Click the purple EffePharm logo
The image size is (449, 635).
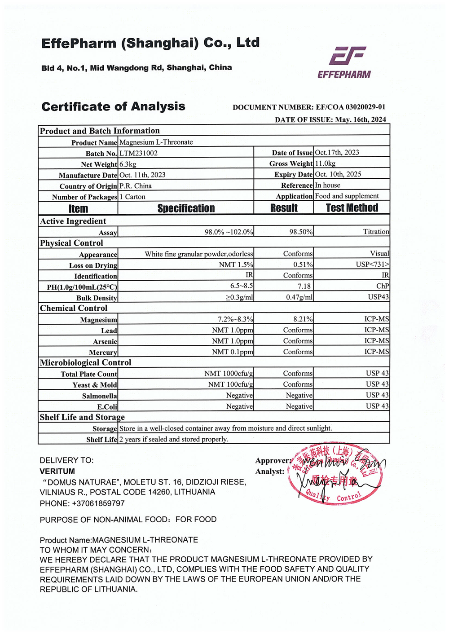[344, 62]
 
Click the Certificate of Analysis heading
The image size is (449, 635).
[113, 107]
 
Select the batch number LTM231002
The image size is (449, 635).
[138, 153]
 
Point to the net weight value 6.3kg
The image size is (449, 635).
[128, 164]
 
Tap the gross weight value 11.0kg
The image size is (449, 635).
[325, 163]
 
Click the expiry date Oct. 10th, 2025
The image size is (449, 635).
[338, 174]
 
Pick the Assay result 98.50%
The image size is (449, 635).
[301, 232]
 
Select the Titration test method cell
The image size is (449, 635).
[376, 232]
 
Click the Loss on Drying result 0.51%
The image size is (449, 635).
[303, 265]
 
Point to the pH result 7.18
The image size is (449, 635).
[304, 286]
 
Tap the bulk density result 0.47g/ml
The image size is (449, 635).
[299, 297]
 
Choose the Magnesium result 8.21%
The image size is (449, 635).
[303, 319]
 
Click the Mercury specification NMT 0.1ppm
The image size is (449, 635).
[233, 352]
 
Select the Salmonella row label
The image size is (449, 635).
[100, 396]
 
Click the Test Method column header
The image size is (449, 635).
[352, 208]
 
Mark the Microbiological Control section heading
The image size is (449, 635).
[85, 362]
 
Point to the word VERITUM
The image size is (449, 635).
[57, 472]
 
